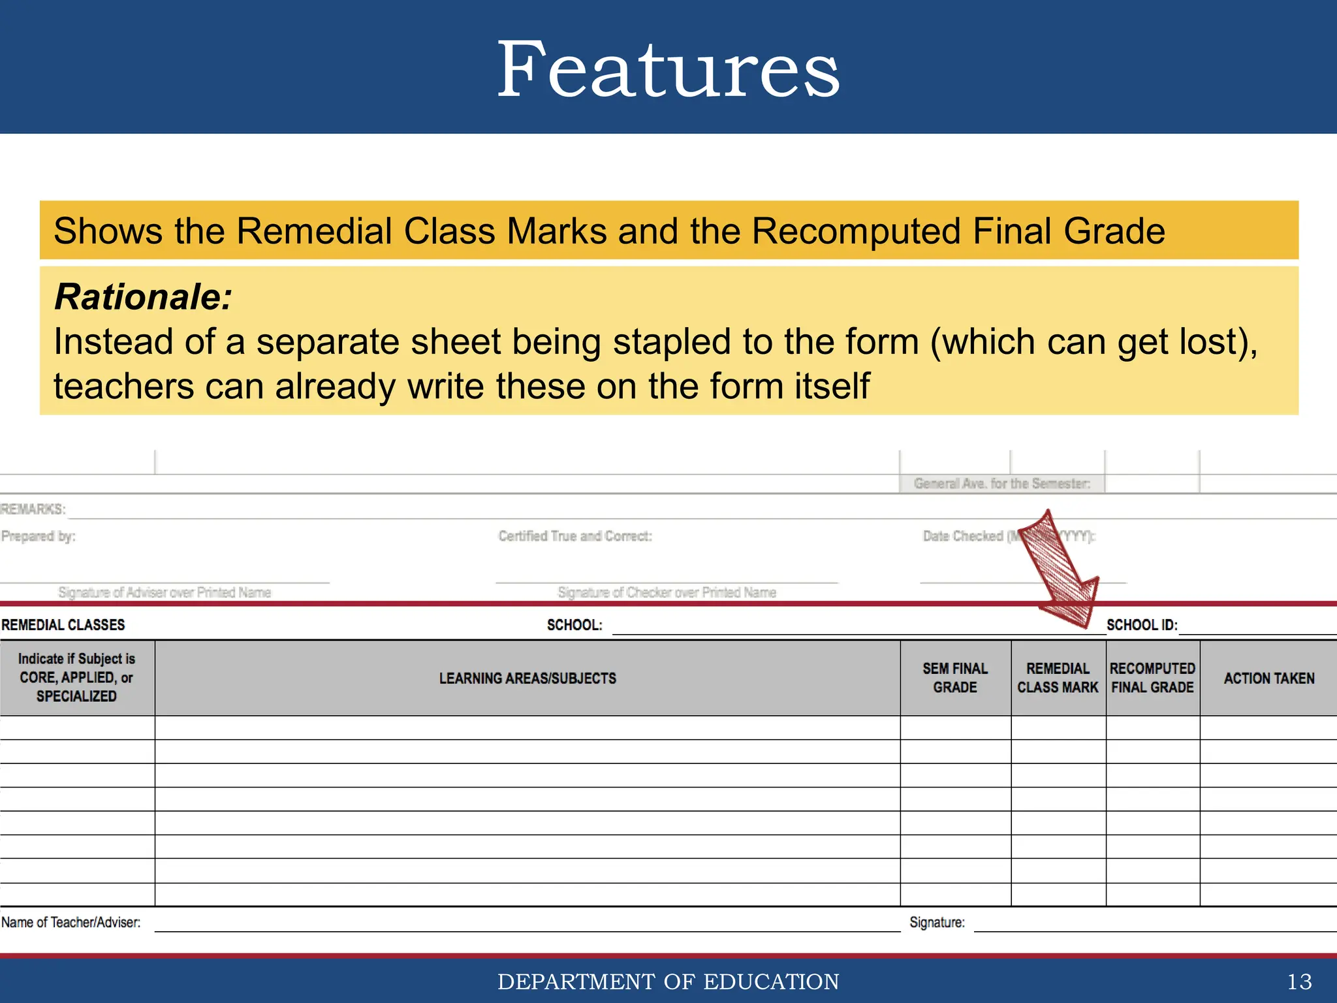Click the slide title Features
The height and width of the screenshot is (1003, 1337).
tap(668, 69)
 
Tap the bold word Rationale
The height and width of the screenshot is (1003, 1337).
tap(143, 297)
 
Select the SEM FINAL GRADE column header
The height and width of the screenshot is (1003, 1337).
tap(955, 678)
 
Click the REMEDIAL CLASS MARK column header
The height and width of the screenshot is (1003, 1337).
tap(1058, 678)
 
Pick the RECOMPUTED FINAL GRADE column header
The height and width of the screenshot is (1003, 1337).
tap(1152, 678)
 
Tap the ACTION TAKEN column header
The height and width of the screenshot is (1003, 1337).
tap(1268, 678)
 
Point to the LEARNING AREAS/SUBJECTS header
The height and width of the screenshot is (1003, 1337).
tap(527, 678)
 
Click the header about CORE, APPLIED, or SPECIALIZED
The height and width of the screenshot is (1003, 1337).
tap(76, 678)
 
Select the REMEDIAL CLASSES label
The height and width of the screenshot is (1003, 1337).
tap(63, 625)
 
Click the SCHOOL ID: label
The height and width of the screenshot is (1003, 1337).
tap(1142, 625)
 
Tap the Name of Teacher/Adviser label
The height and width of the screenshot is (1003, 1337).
tap(71, 922)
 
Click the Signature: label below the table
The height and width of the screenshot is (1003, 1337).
tap(937, 922)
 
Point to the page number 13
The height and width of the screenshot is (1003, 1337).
tap(1299, 981)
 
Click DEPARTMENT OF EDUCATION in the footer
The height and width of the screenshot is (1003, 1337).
tap(668, 981)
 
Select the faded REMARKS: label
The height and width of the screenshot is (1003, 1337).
tap(33, 509)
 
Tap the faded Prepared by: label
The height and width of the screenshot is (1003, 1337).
tap(39, 536)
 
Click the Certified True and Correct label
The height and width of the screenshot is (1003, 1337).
tap(575, 536)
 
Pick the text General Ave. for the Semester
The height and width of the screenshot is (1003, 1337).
tap(1001, 483)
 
